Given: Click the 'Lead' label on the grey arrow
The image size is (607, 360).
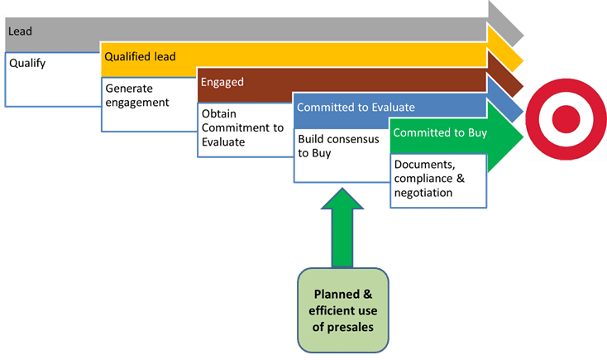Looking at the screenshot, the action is tap(20, 31).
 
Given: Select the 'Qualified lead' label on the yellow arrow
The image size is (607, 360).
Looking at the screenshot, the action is tap(140, 56).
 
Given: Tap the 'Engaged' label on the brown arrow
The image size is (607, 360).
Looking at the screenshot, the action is tap(222, 82).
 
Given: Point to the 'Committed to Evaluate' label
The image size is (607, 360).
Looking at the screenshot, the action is tap(356, 108).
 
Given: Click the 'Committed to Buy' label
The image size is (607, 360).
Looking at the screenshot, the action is tap(440, 132).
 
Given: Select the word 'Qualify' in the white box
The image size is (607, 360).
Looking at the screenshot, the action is tap(27, 63).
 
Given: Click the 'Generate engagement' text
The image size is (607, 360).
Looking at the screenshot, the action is tap(137, 95).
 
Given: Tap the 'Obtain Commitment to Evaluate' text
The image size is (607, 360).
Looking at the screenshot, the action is tap(243, 128).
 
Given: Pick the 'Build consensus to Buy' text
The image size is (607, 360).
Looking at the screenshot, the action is tap(338, 146).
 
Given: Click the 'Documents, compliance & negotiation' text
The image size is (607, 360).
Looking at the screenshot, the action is tap(429, 179).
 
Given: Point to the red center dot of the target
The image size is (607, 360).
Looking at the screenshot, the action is tap(566, 119).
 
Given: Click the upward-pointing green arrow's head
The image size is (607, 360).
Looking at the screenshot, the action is tap(342, 199).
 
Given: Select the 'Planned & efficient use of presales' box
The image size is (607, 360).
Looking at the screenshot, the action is tap(343, 310).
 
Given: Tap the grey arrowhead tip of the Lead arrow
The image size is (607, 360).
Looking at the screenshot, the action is tap(523, 36).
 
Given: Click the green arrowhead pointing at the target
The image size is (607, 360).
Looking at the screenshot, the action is tap(505, 137).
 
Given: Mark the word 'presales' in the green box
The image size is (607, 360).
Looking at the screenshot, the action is tap(351, 328).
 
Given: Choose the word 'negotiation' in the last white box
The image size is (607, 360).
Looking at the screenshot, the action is tap(423, 193).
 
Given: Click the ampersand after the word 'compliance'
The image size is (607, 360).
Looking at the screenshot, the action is tap(461, 178).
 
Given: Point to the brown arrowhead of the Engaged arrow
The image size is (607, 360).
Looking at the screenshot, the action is tap(505, 74).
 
